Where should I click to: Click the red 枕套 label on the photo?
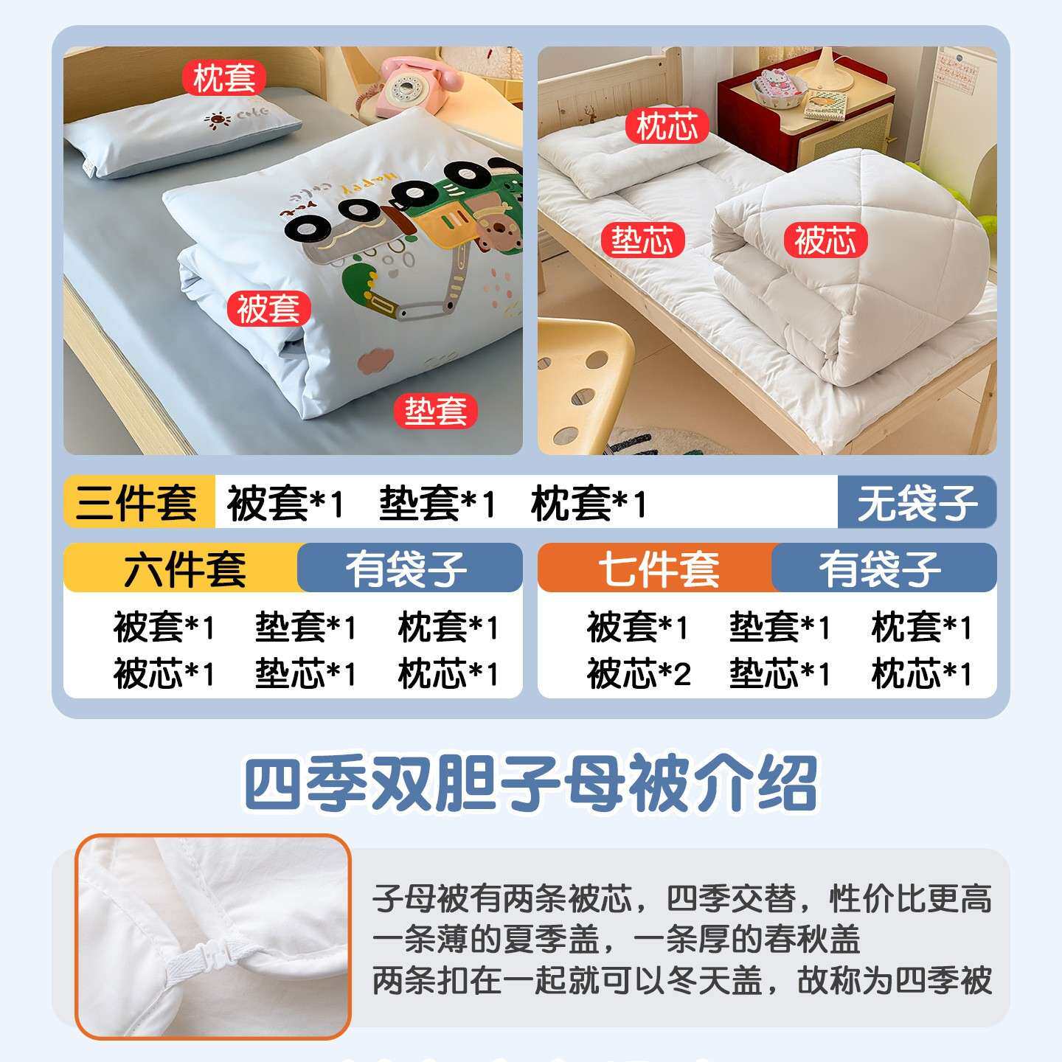click(224, 77)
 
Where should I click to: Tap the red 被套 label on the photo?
click(269, 308)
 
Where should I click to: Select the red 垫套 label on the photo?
click(435, 411)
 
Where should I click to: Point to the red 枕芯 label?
click(667, 126)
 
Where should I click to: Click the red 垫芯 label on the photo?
click(642, 240)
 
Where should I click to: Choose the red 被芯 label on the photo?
click(825, 240)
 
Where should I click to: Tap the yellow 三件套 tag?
click(138, 502)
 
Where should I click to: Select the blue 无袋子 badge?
click(917, 502)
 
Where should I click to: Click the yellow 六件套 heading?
click(184, 568)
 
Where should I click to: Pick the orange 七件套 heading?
click(659, 568)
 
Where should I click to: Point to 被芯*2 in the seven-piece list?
click(638, 673)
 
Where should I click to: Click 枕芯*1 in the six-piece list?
click(448, 673)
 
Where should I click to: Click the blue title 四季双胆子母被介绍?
click(531, 783)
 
